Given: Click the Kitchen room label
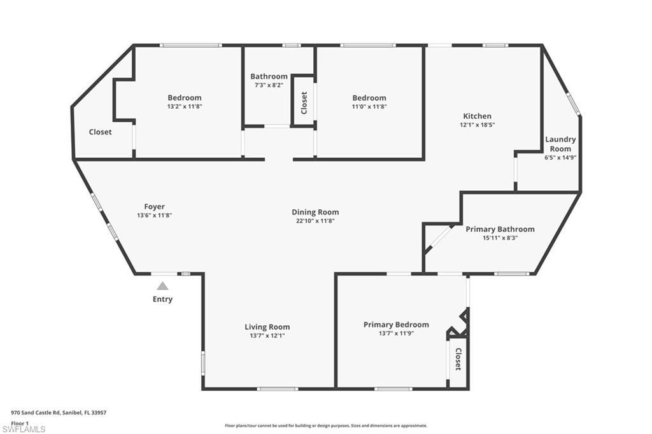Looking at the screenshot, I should pyautogui.click(x=477, y=116).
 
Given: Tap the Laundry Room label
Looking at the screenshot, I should pyautogui.click(x=560, y=144).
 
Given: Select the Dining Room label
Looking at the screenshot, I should pyautogui.click(x=315, y=212).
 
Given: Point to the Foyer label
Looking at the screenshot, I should pyautogui.click(x=154, y=206).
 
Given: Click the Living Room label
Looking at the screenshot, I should pyautogui.click(x=267, y=327).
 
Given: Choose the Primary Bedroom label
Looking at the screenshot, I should pyautogui.click(x=396, y=325).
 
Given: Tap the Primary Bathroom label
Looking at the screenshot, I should pyautogui.click(x=500, y=229).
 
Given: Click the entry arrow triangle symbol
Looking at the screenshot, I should pyautogui.click(x=163, y=286).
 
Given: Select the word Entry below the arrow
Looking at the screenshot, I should pyautogui.click(x=162, y=299).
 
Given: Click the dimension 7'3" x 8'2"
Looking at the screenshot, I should pyautogui.click(x=269, y=85).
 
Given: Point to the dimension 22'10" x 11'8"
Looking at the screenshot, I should pyautogui.click(x=315, y=221).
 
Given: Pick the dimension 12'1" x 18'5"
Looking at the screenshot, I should pyautogui.click(x=477, y=125).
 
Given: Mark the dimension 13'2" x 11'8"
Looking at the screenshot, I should pyautogui.click(x=185, y=106).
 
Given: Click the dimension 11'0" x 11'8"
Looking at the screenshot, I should pyautogui.click(x=369, y=106).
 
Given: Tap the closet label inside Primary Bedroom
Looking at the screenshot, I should pyautogui.click(x=457, y=360).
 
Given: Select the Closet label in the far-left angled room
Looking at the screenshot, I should pyautogui.click(x=100, y=132).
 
